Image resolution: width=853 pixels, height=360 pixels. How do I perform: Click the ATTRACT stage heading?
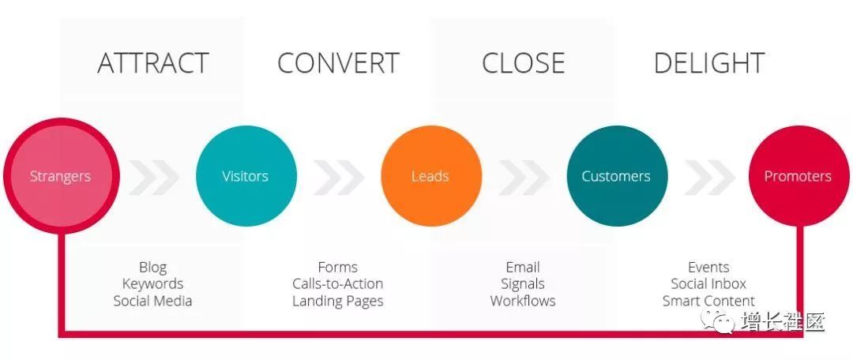tap(153, 63)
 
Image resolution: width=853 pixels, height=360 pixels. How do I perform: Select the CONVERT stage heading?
tap(338, 63)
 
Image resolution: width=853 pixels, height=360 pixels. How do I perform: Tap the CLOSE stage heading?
tap(524, 63)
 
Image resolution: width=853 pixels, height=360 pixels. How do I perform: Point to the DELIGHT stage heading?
tap(708, 63)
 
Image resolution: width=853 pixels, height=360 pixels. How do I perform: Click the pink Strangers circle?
tap(60, 176)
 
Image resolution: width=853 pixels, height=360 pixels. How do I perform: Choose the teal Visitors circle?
tap(246, 176)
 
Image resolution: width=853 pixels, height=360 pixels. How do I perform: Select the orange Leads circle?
tap(431, 176)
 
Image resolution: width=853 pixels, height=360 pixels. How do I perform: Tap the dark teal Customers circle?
tap(616, 176)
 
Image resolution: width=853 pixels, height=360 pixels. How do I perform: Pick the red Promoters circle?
tap(799, 176)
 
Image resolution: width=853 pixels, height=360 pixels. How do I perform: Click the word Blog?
tap(153, 268)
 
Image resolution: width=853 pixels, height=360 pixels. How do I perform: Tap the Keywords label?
tap(153, 284)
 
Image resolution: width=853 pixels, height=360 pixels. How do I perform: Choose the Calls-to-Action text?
tap(338, 284)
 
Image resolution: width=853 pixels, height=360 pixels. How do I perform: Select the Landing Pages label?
tap(338, 302)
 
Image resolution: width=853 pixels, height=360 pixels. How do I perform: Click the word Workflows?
tap(523, 301)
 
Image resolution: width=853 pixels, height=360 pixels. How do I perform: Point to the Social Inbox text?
tap(708, 284)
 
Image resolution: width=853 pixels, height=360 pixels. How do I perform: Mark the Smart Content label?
tap(708, 301)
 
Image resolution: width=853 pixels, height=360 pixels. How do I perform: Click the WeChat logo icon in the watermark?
tap(717, 322)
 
